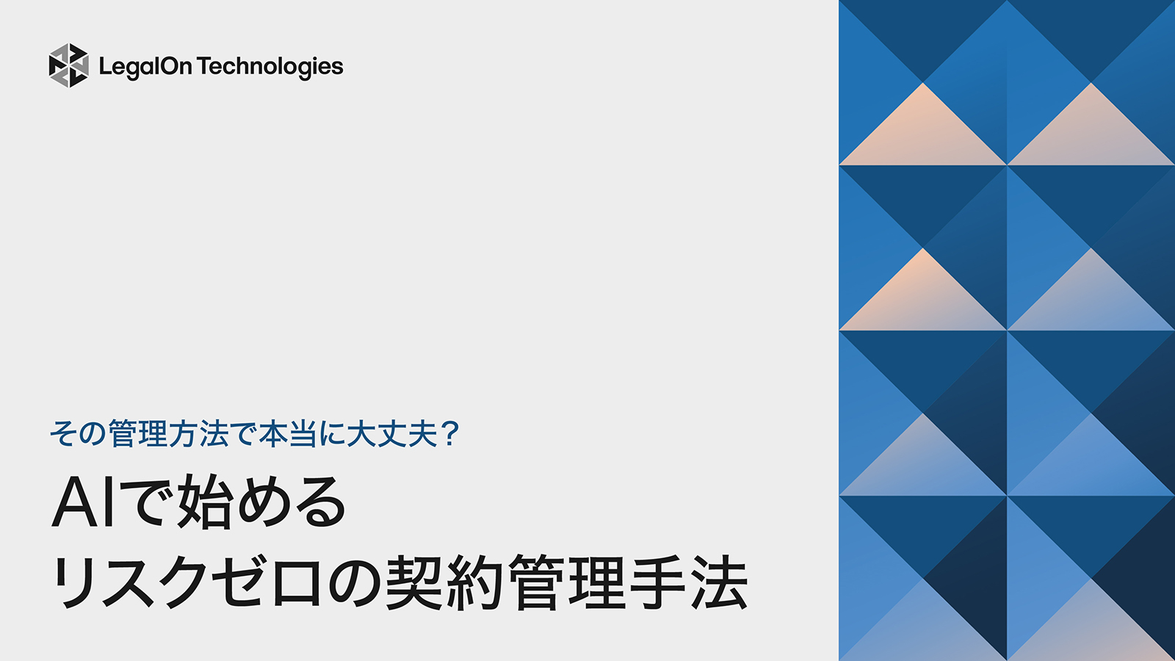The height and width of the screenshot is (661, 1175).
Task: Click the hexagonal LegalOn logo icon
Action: [68, 65]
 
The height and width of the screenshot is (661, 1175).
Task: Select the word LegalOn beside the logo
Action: [145, 67]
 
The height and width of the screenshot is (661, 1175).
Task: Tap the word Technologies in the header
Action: [270, 67]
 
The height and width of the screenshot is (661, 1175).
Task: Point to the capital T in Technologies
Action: [203, 66]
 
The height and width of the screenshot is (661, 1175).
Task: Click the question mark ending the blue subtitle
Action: [449, 433]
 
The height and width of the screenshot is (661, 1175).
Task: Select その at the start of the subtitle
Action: [77, 433]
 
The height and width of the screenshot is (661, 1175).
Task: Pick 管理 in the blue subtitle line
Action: [137, 433]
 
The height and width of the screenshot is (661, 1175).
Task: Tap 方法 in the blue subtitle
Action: [198, 433]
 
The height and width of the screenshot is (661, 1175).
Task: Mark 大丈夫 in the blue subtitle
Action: [392, 433]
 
